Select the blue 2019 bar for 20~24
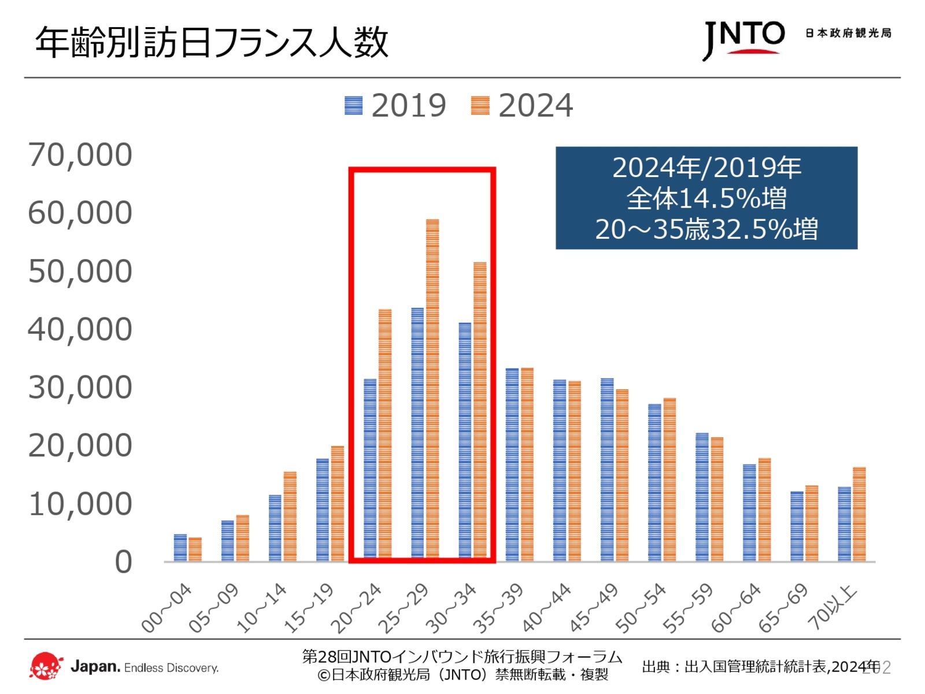(x=370, y=470)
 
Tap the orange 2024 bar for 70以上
(x=859, y=514)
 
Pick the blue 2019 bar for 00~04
(x=180, y=548)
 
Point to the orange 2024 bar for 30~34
(x=480, y=411)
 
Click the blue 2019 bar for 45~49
(x=607, y=469)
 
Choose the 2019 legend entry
(x=395, y=106)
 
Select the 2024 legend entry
(x=522, y=106)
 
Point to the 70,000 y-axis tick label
(x=80, y=155)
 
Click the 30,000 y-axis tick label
(x=80, y=387)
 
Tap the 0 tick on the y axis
(x=123, y=562)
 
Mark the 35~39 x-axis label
(x=498, y=608)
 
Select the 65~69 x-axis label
(x=783, y=608)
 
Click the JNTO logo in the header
(x=743, y=39)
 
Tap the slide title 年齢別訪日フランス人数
(x=212, y=42)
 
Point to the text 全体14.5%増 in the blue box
(x=706, y=198)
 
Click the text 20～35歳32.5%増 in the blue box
(x=706, y=229)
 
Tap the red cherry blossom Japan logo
(x=46, y=666)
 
